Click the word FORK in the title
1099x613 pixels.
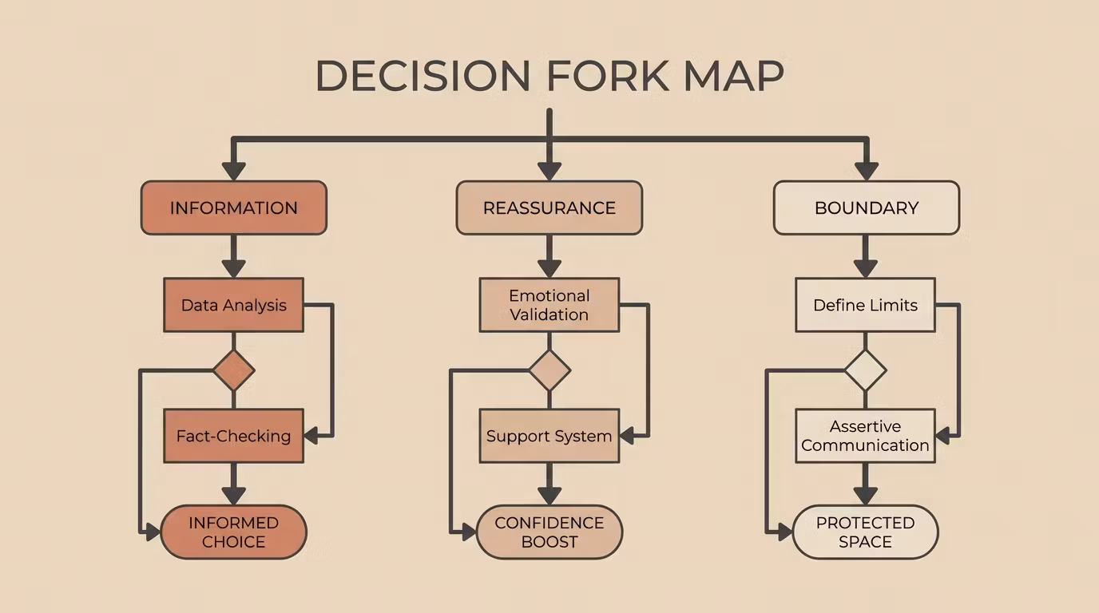[x=607, y=76]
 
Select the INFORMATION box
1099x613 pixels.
[x=233, y=208]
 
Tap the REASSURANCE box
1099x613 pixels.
[x=549, y=208]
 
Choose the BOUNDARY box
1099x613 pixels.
[x=867, y=208]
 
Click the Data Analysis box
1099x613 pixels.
[x=233, y=305]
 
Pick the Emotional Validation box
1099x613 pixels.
[x=549, y=305]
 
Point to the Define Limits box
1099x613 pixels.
[x=866, y=305]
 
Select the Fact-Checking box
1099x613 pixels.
[x=233, y=436]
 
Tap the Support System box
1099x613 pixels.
[x=549, y=436]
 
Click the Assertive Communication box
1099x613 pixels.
[x=866, y=436]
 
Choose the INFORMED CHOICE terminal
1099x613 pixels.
[x=233, y=532]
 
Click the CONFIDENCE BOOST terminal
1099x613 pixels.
[x=549, y=532]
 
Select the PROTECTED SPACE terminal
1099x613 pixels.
[x=866, y=532]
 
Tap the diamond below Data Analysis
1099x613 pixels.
[x=233, y=370]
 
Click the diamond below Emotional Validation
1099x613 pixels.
[x=549, y=370]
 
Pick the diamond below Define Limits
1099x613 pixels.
[x=866, y=370]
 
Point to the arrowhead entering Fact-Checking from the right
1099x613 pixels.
[x=311, y=436]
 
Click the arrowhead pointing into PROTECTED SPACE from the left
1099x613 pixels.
[x=785, y=532]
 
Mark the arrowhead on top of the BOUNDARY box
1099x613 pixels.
[x=867, y=172]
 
